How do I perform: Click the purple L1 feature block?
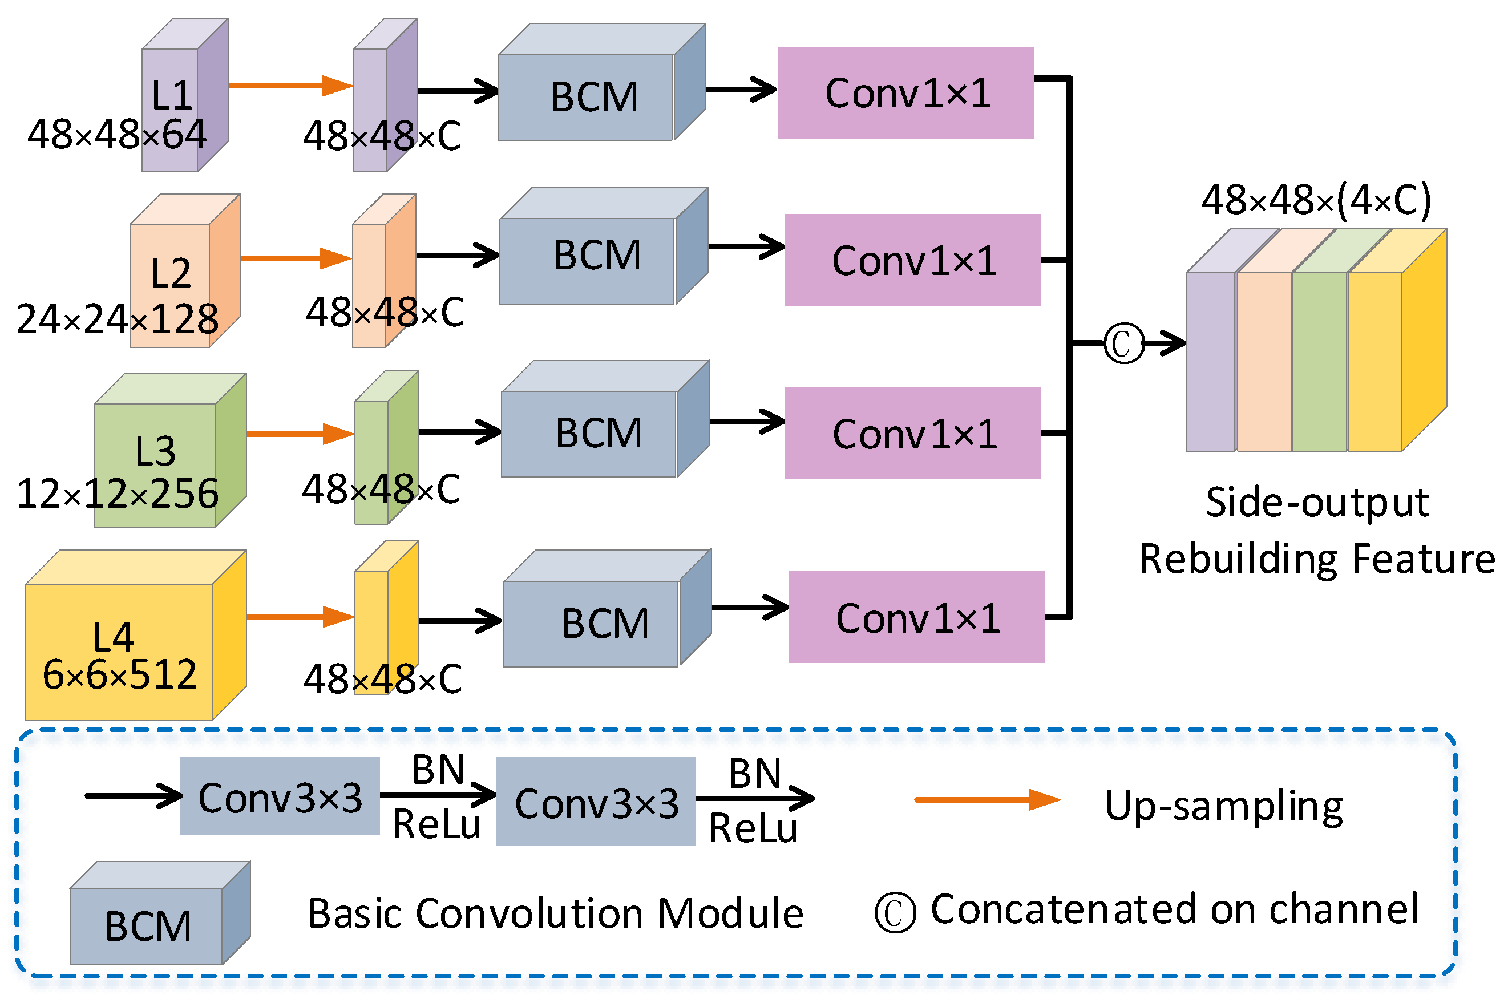184,96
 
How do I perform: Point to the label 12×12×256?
117,494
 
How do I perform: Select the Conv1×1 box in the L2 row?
912,260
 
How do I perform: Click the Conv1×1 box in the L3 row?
912,433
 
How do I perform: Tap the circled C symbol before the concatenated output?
1123,344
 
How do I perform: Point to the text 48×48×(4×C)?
1316,200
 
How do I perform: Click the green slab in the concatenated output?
1319,361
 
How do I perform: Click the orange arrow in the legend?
987,799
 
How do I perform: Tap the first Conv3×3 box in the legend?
280,796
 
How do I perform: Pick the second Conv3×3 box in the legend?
596,802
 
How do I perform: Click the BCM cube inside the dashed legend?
150,921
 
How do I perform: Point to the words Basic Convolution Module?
555,913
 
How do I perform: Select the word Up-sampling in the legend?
1223,806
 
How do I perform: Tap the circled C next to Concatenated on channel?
895,913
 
